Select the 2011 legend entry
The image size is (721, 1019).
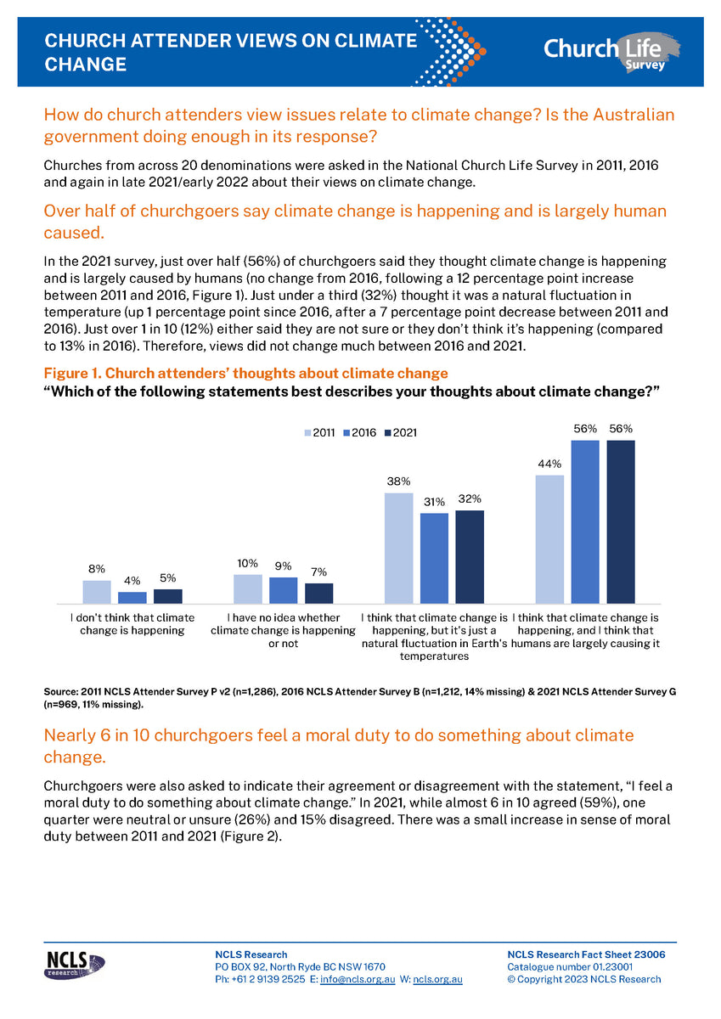click(x=319, y=433)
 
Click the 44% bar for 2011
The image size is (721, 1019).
click(x=549, y=538)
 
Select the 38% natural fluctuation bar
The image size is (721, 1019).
click(x=398, y=548)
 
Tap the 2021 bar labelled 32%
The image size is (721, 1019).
click(x=470, y=556)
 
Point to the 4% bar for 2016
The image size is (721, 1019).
click(x=132, y=597)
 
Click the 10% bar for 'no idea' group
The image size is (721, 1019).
click(x=247, y=588)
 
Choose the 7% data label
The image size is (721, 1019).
click(x=318, y=572)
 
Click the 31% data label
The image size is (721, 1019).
click(x=435, y=502)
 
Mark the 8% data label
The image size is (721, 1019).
click(x=96, y=569)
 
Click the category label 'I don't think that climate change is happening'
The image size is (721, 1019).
click(x=132, y=623)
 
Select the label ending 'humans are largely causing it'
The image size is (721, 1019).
click(x=586, y=630)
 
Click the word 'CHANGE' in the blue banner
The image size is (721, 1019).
click(x=85, y=65)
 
